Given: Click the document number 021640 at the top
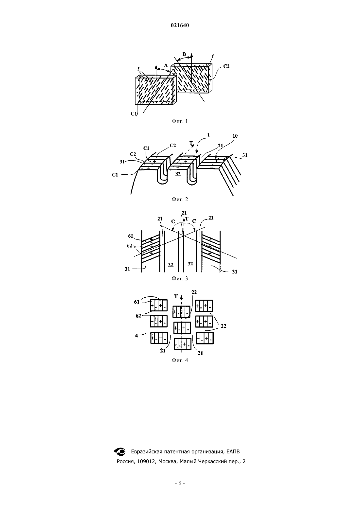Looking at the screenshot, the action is (x=180, y=26).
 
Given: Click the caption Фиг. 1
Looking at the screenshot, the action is (x=180, y=121).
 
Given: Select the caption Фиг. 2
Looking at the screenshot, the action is (x=180, y=199).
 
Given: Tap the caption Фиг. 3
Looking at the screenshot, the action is (x=180, y=278).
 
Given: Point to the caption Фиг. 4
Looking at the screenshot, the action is (x=180, y=360).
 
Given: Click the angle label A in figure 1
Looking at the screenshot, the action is (x=166, y=65).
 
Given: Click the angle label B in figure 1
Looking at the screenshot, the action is (x=184, y=54).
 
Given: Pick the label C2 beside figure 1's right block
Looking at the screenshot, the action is (x=226, y=66).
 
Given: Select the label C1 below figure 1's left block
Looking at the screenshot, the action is (x=134, y=114).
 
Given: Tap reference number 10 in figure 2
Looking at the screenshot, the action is (x=235, y=136).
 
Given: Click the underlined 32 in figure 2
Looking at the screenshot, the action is (x=178, y=174).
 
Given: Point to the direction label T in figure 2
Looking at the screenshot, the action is (x=191, y=143).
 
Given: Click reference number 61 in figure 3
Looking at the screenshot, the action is (x=131, y=236).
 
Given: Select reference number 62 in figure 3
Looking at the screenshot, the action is (x=129, y=246).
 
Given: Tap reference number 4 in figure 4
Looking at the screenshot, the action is (x=136, y=336).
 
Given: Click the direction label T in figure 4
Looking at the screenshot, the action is (x=176, y=296).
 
